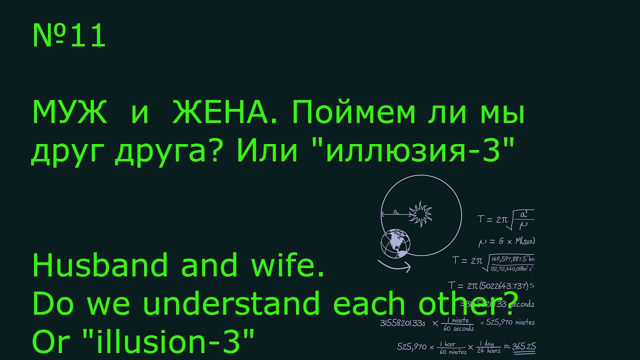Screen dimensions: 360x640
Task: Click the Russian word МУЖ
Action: pos(70,114)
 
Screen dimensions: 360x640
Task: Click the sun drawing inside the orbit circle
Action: pos(420,213)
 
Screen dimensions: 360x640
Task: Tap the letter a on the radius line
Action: pos(395,212)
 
